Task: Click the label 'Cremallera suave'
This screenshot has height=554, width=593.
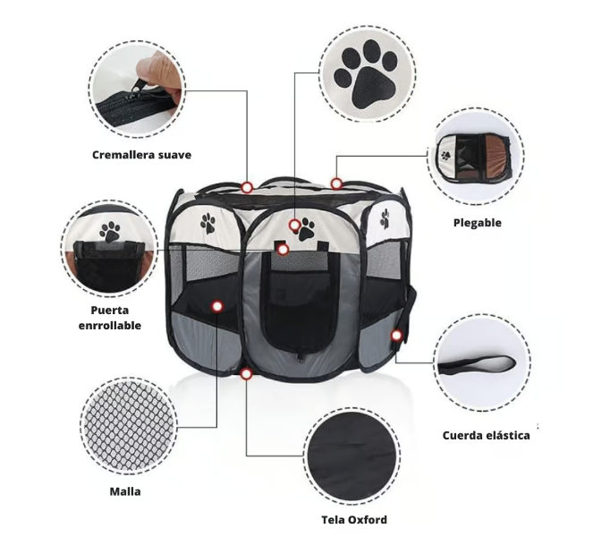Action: (142, 155)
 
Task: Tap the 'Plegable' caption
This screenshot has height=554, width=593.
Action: (478, 223)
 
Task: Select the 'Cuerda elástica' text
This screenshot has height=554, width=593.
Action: (486, 436)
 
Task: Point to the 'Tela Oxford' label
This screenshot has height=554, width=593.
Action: (354, 520)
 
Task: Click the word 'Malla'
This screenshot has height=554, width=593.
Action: (125, 491)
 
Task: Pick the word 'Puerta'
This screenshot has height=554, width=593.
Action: (110, 311)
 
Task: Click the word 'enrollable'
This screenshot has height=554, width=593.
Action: (110, 326)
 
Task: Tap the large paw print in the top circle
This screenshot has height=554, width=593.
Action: (366, 74)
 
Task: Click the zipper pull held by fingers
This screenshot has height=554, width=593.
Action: (137, 89)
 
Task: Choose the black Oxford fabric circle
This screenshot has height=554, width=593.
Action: (352, 456)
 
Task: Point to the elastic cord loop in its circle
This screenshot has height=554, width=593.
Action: (477, 364)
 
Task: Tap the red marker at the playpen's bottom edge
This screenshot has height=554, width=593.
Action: (246, 374)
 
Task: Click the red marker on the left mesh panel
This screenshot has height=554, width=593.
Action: (217, 306)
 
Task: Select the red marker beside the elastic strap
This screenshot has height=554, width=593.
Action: (396, 336)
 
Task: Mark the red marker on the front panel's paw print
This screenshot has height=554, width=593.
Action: (294, 226)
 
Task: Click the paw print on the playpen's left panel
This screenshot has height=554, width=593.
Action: (208, 223)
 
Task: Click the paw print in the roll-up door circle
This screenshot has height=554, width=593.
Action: (110, 232)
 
